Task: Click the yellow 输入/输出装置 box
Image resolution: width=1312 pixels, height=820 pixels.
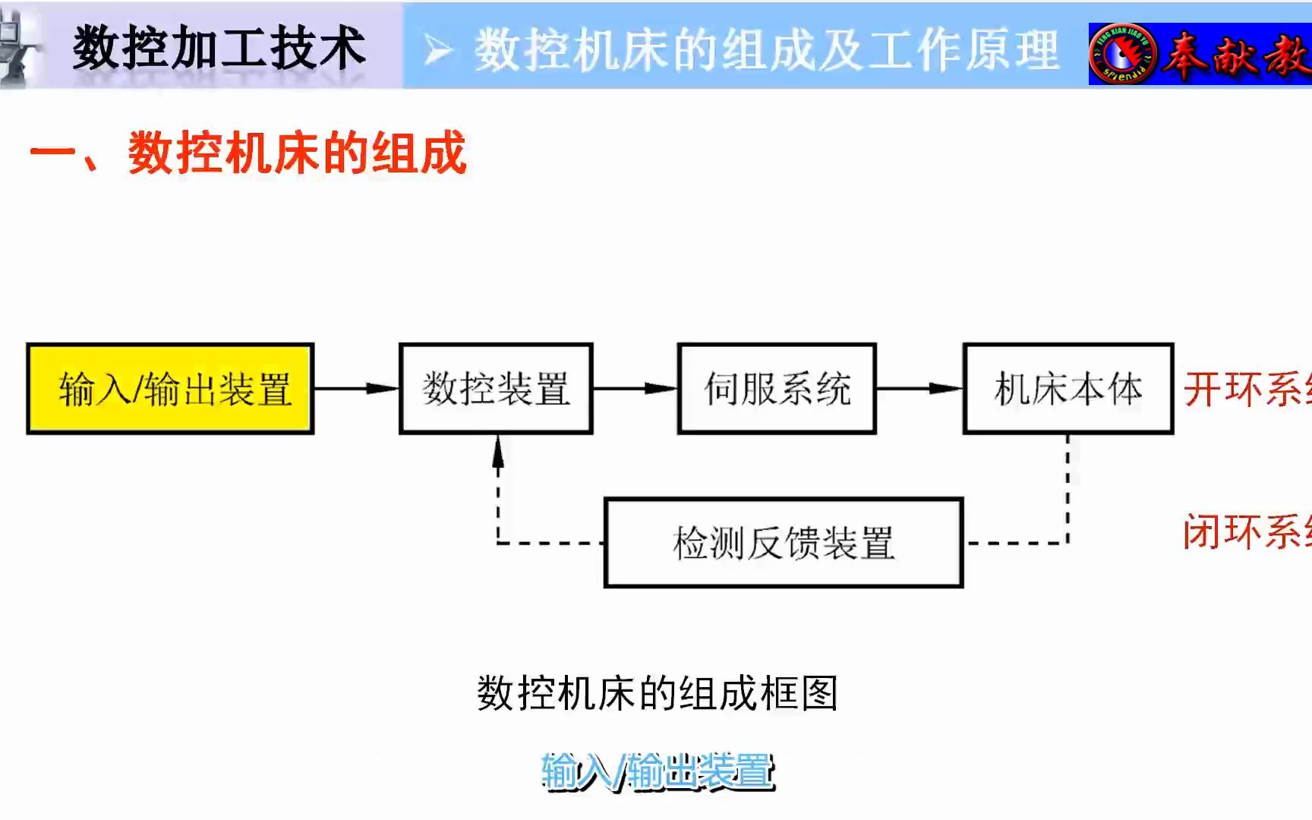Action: tap(170, 389)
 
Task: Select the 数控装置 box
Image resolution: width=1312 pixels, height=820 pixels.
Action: tap(496, 389)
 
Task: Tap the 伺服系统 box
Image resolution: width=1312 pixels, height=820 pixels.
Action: tap(777, 389)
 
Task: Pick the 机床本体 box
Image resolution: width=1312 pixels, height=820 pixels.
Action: tap(1068, 389)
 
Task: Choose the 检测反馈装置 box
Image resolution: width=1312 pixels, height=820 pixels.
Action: tap(784, 543)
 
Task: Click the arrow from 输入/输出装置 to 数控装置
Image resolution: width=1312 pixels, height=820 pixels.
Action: tap(356, 389)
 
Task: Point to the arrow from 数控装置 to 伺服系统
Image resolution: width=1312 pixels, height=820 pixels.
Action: tap(635, 389)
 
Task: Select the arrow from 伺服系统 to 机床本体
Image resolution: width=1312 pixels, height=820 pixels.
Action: tap(919, 389)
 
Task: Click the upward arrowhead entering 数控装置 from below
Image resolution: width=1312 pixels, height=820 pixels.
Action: tap(498, 452)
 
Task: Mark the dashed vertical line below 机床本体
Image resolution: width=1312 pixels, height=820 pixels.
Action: tap(1068, 486)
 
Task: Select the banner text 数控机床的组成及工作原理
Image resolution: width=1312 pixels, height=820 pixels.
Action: tap(766, 51)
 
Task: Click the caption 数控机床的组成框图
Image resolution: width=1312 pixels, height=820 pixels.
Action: tap(657, 693)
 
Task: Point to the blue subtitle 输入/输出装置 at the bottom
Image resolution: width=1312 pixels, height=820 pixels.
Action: tap(658, 771)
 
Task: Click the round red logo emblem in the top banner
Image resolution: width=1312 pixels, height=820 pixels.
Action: tap(1123, 54)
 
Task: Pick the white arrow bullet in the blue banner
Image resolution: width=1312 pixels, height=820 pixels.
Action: tap(438, 52)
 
